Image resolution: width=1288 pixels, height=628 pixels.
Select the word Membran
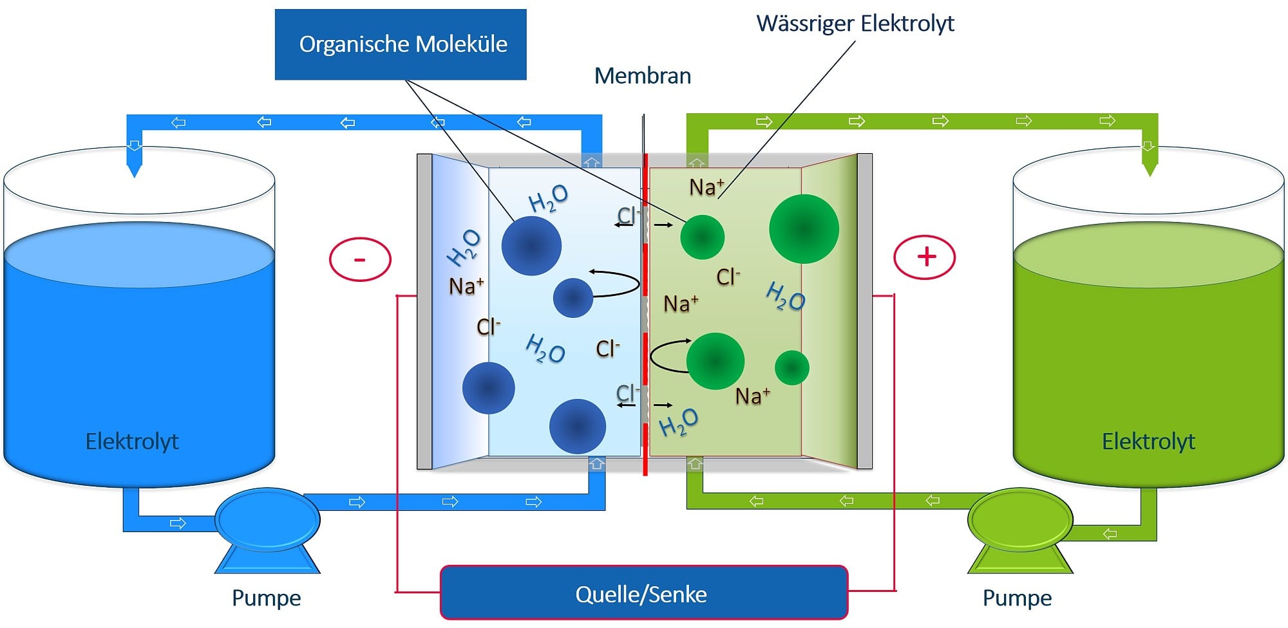[642, 76]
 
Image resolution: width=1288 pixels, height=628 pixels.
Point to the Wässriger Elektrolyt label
[855, 23]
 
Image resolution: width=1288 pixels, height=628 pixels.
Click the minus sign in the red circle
[360, 259]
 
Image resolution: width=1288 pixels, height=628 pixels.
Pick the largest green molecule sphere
[804, 228]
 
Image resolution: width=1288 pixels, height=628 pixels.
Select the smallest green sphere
[791, 367]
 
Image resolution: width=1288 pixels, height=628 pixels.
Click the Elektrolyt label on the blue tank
[132, 441]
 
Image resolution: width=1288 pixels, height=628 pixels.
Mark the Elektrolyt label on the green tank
[1148, 441]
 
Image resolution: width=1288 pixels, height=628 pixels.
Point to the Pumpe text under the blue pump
[266, 598]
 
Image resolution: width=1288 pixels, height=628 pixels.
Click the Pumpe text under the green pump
[1017, 598]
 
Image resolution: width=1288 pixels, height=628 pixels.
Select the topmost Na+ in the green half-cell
[706, 187]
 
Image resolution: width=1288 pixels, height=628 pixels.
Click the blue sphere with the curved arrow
[573, 298]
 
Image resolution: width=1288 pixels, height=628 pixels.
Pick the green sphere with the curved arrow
[715, 361]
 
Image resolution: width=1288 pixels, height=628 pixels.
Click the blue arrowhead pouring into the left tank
[134, 169]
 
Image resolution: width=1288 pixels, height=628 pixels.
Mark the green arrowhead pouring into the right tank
[1150, 169]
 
